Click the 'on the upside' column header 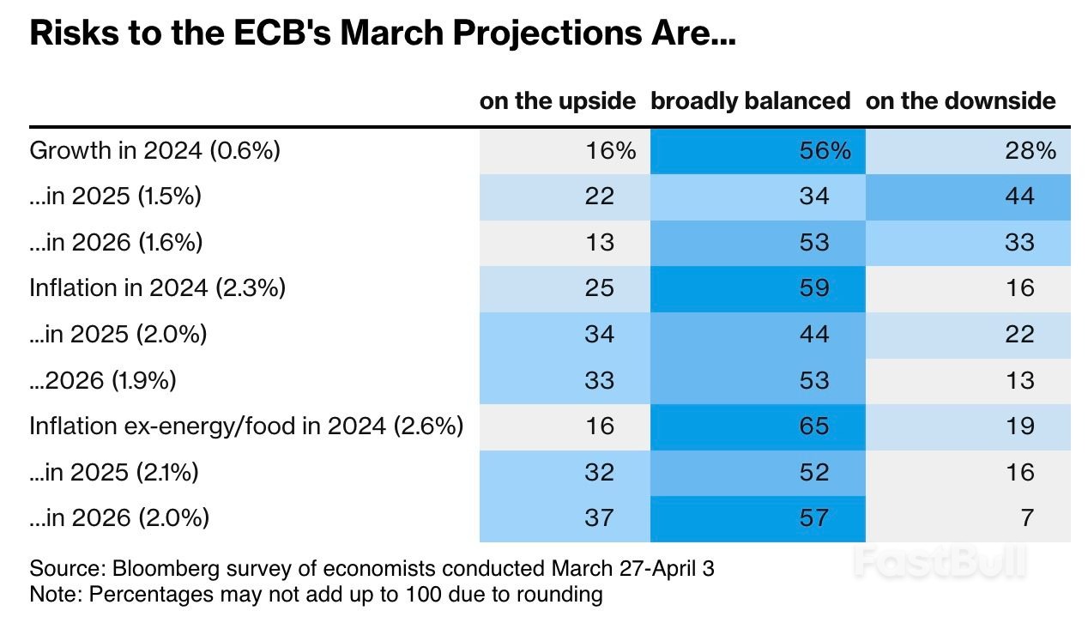coord(557,101)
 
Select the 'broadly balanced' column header coord(750,101)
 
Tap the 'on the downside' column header coord(960,101)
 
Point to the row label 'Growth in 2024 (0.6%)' coord(155,151)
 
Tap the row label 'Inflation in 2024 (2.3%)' coord(158,288)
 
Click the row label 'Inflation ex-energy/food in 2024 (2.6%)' coord(246,426)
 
